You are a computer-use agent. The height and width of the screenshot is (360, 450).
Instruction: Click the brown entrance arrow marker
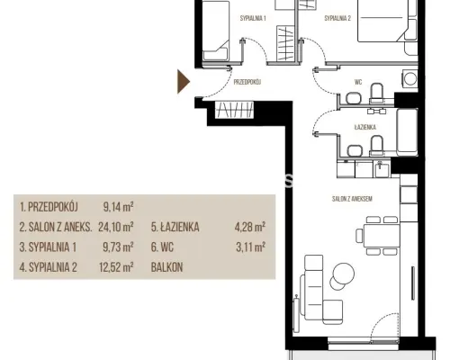(183, 82)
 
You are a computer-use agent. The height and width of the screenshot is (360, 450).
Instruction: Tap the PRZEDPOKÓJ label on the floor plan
(247, 82)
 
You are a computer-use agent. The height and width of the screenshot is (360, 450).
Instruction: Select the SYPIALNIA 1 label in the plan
(253, 18)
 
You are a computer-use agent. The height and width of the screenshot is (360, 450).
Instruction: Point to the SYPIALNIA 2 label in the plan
(337, 18)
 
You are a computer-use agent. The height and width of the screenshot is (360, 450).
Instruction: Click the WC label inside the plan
(358, 82)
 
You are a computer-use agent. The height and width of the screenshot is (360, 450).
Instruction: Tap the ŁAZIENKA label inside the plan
(365, 127)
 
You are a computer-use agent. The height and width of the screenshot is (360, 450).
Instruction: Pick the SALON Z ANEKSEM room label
(352, 199)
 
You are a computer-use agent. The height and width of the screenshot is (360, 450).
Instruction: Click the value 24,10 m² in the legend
(116, 227)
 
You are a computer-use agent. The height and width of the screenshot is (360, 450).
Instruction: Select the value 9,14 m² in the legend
(118, 207)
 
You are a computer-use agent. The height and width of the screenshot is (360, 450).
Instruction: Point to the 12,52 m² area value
(116, 267)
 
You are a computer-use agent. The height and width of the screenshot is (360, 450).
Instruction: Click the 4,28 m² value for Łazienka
(250, 227)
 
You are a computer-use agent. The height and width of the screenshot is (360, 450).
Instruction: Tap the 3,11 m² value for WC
(250, 247)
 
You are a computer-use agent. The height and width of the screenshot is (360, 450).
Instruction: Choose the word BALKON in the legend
(166, 267)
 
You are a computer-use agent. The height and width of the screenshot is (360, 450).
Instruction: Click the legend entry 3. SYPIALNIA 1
(48, 247)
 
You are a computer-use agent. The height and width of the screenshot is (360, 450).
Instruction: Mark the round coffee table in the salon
(343, 274)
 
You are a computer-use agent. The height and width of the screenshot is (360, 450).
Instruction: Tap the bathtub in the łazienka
(407, 132)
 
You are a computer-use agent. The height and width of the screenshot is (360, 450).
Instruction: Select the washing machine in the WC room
(409, 79)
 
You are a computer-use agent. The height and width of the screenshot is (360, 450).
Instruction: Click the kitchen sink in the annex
(381, 169)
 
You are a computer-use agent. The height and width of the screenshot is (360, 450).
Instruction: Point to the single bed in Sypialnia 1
(215, 31)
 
